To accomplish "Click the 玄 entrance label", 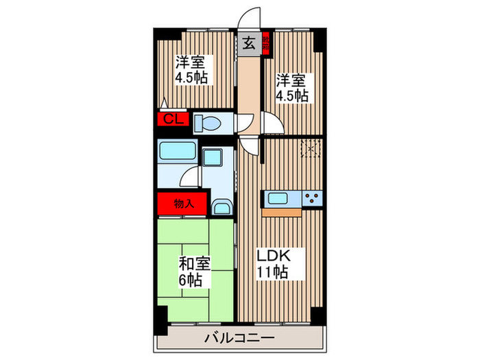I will [248, 43].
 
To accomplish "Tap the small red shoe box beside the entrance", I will [266, 43].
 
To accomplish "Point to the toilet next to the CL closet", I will [206, 123].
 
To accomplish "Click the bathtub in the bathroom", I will [177, 152].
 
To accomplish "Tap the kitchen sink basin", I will [278, 199].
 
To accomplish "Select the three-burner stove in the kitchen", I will [313, 198].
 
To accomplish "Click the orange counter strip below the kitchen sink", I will [281, 211].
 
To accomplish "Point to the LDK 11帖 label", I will [274, 263].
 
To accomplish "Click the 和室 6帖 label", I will [195, 270].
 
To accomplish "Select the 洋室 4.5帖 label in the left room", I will [190, 69].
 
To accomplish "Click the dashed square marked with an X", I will [311, 148].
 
